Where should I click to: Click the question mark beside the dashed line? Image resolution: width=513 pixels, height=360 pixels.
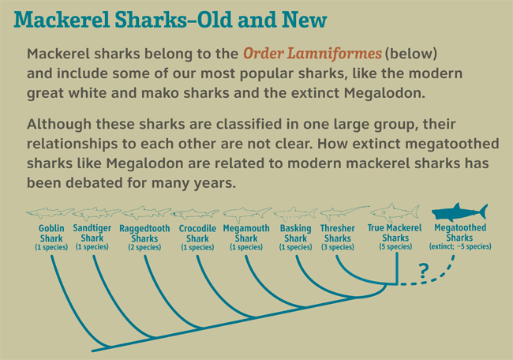coord(423,271)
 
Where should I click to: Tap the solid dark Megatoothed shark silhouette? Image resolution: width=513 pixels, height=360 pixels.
coord(459,212)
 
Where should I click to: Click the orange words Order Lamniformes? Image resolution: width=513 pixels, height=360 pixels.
coord(313,54)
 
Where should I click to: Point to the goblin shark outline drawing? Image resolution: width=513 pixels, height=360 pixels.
coord(50,212)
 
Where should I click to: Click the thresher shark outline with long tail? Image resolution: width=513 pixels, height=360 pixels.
coord(344,213)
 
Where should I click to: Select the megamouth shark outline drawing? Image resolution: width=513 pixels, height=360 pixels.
coord(247,214)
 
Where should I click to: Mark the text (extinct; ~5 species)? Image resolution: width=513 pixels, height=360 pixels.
coord(460,246)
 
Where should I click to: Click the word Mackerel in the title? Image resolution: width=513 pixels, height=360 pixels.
coord(62,20)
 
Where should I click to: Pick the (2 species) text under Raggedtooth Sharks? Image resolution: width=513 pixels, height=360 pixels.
coord(144,247)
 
